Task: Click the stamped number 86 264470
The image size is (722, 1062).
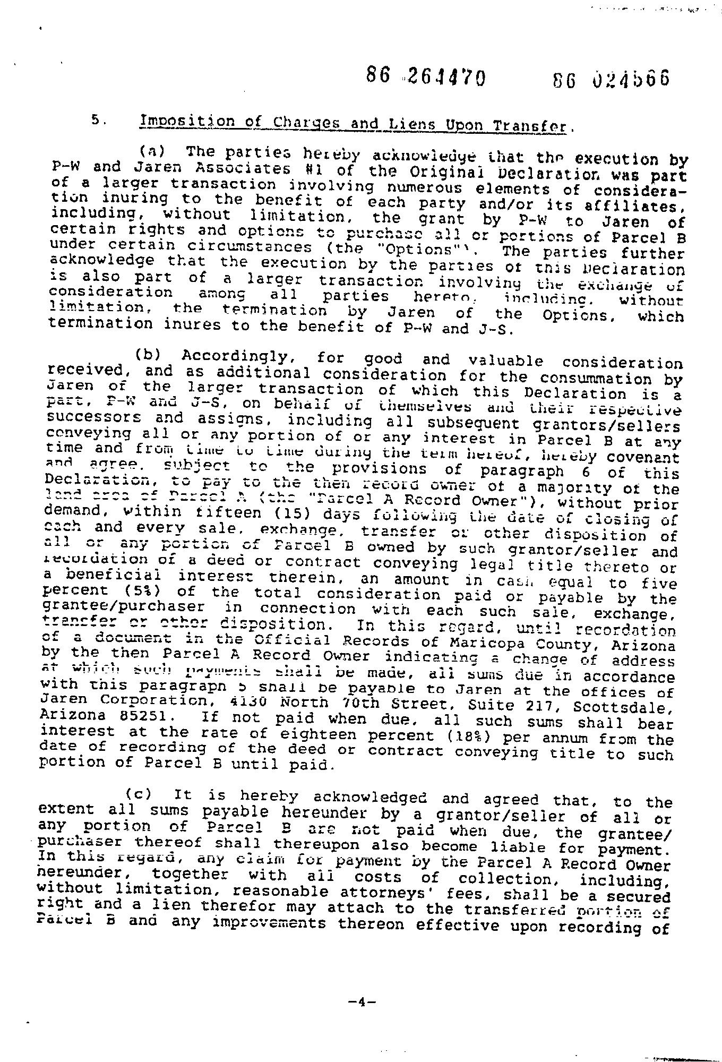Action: coord(425,78)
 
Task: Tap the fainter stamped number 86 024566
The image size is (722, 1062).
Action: coord(611,80)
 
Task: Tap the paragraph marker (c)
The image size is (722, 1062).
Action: coord(138,795)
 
